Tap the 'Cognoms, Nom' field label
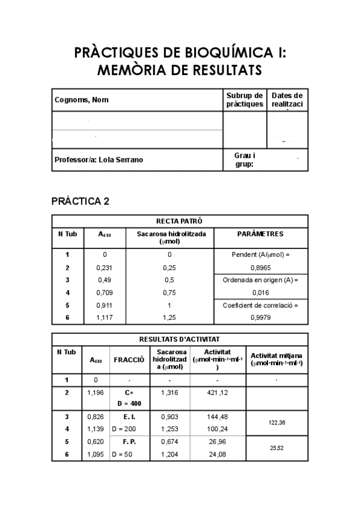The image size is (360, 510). (x=82, y=100)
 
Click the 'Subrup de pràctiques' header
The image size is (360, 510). (x=245, y=100)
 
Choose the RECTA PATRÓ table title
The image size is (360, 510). (x=179, y=221)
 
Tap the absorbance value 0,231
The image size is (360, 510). (x=105, y=267)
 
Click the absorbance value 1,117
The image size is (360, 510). (x=105, y=318)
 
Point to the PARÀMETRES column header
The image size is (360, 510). (x=260, y=233)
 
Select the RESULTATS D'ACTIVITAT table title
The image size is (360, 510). (x=179, y=339)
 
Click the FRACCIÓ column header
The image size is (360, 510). (x=129, y=360)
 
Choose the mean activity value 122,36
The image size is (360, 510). (x=276, y=423)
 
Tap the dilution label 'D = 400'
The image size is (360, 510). (x=128, y=404)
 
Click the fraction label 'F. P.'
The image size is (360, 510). (x=128, y=441)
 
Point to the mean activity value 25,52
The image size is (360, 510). (x=276, y=448)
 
